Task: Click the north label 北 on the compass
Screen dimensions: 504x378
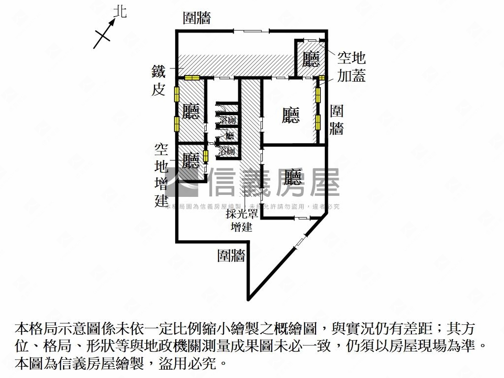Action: click(x=120, y=12)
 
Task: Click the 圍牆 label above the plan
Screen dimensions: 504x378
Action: click(x=197, y=19)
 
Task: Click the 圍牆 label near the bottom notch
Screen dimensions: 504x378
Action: click(x=231, y=255)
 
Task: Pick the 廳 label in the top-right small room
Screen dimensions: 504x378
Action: click(x=311, y=60)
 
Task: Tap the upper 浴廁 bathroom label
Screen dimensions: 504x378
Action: click(x=228, y=120)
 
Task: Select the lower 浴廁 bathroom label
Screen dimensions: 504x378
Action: click(x=227, y=151)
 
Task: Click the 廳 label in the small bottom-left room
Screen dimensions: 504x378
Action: click(x=190, y=160)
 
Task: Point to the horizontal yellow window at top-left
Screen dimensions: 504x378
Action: click(x=191, y=78)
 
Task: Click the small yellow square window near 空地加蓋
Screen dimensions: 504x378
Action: click(x=322, y=78)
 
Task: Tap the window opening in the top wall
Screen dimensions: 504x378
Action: click(x=252, y=31)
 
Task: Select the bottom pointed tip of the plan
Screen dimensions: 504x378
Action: click(x=249, y=298)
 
